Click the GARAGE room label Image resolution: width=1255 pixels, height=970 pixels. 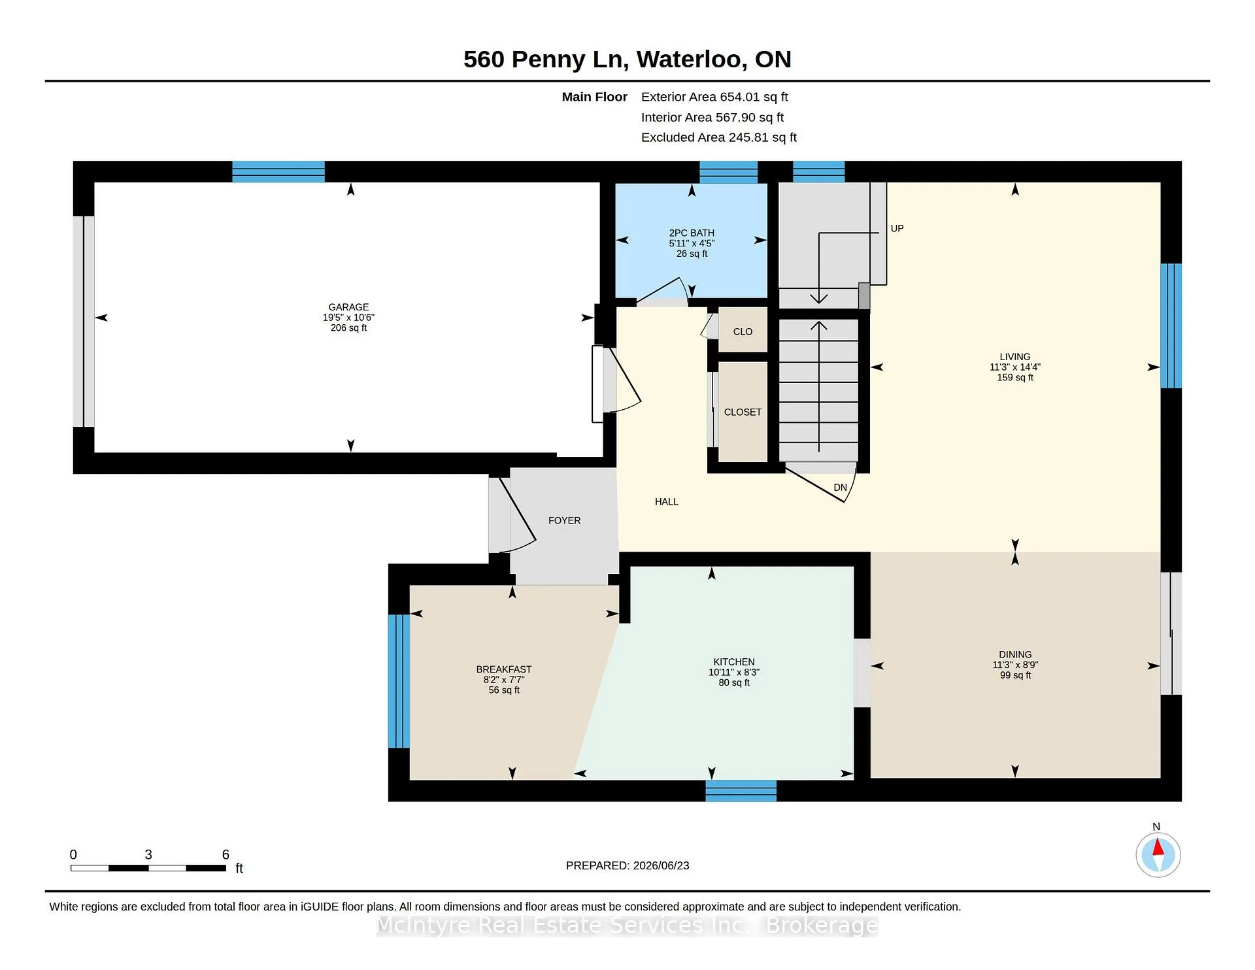pyautogui.click(x=348, y=307)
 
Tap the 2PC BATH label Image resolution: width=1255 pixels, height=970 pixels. pyautogui.click(x=692, y=233)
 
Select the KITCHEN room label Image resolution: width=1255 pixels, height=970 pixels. pyautogui.click(x=734, y=662)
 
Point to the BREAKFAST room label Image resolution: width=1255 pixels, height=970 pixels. pyautogui.click(x=504, y=669)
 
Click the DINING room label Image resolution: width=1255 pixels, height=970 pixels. pyautogui.click(x=1015, y=655)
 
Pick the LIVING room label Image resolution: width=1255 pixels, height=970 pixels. pyautogui.click(x=1015, y=357)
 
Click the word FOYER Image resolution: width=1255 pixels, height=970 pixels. pyautogui.click(x=565, y=521)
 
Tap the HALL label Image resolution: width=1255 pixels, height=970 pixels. pyautogui.click(x=667, y=502)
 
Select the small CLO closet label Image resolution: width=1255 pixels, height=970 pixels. pyautogui.click(x=743, y=332)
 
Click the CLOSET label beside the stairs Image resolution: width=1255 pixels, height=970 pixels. pyautogui.click(x=743, y=412)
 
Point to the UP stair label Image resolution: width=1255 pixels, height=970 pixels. pyautogui.click(x=897, y=229)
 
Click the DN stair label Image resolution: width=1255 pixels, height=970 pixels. pyautogui.click(x=841, y=488)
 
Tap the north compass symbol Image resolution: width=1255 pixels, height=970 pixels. pyautogui.click(x=1158, y=855)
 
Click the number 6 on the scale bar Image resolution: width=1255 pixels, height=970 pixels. pyautogui.click(x=226, y=854)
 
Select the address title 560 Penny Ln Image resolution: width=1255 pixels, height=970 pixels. pyautogui.click(x=546, y=59)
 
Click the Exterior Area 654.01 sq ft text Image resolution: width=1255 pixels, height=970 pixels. pyautogui.click(x=714, y=97)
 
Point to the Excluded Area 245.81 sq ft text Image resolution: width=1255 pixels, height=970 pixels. pyautogui.click(x=719, y=138)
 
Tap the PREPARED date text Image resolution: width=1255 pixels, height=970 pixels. pyautogui.click(x=627, y=866)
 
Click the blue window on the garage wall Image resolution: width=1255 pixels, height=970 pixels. pyautogui.click(x=278, y=171)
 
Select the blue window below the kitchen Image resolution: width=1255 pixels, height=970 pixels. pyautogui.click(x=741, y=791)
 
